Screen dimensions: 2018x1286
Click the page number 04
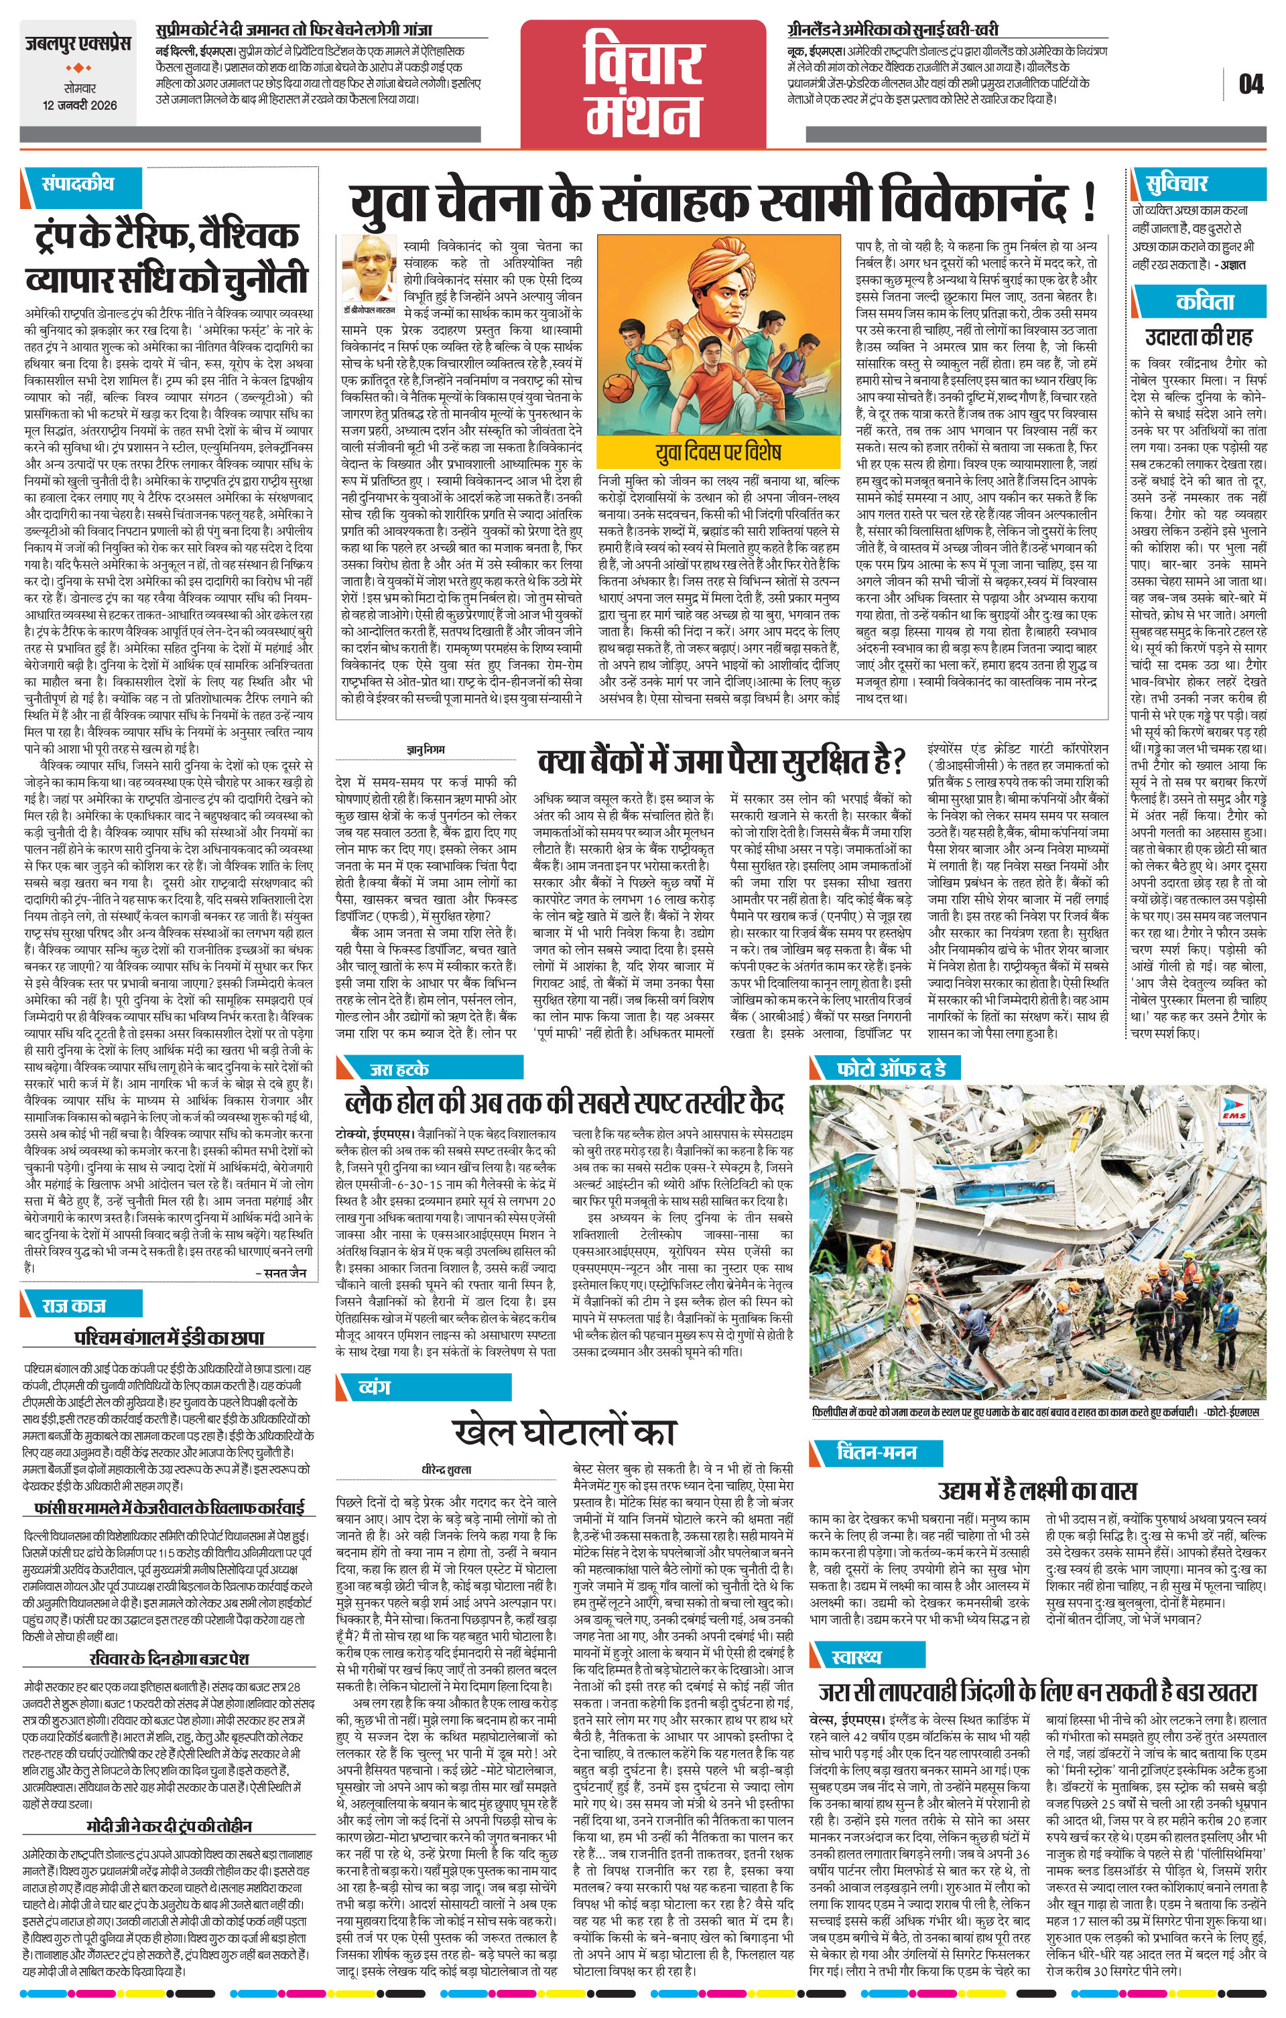pyautogui.click(x=1250, y=84)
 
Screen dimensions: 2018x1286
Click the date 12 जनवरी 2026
pyautogui.click(x=80, y=106)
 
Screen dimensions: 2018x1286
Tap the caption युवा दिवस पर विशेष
pyautogui.click(x=718, y=452)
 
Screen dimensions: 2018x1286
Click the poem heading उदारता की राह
pyautogui.click(x=1199, y=337)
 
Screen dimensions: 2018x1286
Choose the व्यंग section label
pyautogui.click(x=374, y=1387)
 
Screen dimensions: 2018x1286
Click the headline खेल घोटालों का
pyautogui.click(x=564, y=1432)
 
